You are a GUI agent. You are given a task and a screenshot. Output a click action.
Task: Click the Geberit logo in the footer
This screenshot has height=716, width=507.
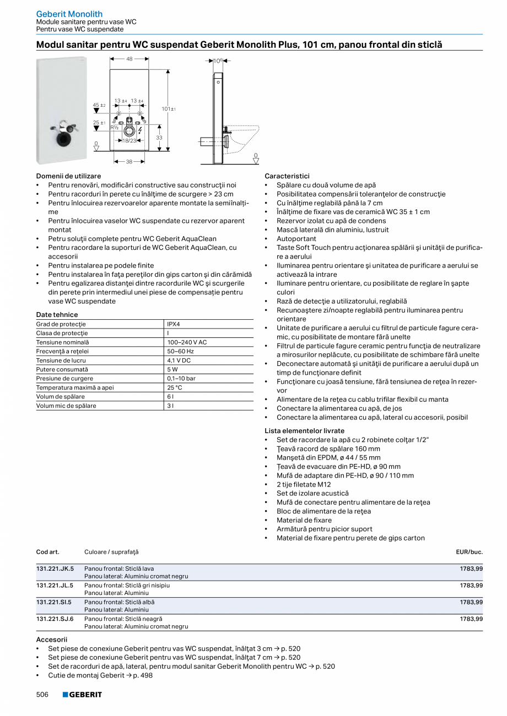[x=82, y=695]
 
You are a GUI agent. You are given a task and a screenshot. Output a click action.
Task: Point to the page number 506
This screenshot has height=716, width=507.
[x=42, y=695]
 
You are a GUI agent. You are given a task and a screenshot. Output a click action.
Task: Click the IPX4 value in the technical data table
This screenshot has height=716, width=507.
[x=174, y=324]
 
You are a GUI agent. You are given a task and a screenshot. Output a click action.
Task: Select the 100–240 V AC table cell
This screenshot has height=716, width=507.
[x=187, y=342]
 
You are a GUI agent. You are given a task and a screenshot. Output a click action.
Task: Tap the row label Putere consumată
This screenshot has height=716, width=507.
[x=62, y=369]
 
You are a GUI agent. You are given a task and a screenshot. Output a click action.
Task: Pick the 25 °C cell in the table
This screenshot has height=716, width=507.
[x=175, y=387]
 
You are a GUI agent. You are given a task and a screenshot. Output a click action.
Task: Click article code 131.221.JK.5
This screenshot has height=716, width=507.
[x=55, y=568]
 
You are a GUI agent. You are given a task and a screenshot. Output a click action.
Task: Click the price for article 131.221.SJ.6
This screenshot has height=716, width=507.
[x=471, y=619]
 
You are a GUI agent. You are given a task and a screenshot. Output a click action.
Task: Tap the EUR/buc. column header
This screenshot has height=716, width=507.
[x=469, y=551]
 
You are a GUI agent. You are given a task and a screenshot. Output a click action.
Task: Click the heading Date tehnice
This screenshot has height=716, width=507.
[x=57, y=315]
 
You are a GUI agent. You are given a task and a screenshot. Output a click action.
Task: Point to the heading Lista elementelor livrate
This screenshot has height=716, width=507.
[x=304, y=431]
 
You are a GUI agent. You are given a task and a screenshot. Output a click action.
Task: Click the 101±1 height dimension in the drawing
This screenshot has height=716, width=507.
[x=168, y=109]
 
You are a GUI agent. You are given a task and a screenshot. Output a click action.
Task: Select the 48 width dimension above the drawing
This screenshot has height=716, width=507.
[x=130, y=59]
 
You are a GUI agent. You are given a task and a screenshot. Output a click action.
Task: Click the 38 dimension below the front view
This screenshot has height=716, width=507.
[x=129, y=162]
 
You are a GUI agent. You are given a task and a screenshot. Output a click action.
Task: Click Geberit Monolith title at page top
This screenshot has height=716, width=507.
[x=69, y=14]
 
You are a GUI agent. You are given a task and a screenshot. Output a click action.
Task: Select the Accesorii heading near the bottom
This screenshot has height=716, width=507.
[x=52, y=640]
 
